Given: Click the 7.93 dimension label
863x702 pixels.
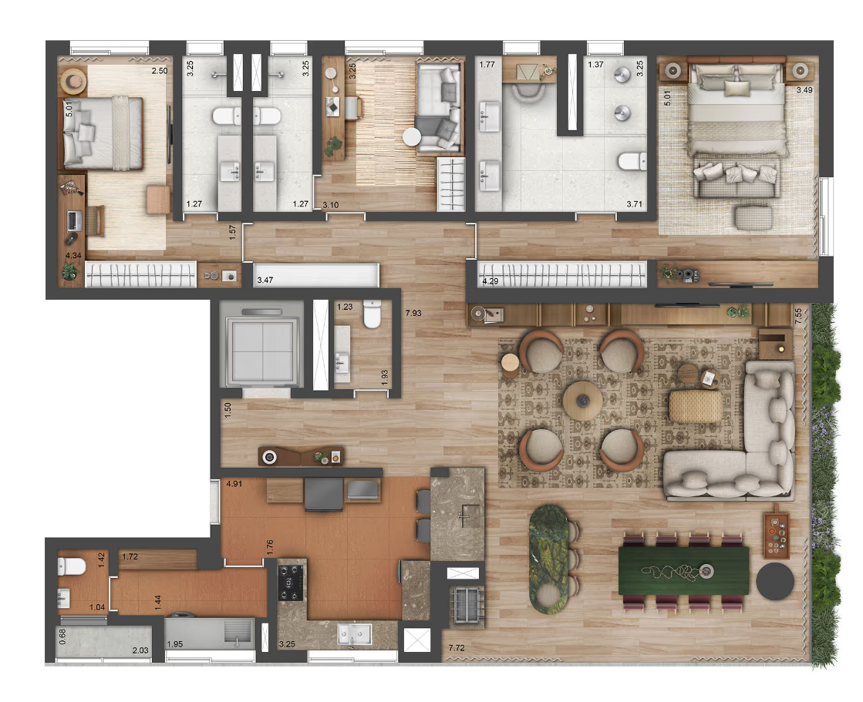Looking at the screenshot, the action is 413,314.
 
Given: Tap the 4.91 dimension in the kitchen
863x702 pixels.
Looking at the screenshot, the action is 234,484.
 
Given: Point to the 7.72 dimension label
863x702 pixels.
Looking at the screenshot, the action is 457,648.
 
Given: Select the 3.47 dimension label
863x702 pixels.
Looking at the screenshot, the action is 265,280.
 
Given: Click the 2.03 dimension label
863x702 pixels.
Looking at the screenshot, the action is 140,650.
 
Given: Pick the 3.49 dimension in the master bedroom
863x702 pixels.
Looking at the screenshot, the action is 804,90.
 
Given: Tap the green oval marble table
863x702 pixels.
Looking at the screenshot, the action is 549,558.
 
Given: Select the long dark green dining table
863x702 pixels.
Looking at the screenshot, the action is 683,570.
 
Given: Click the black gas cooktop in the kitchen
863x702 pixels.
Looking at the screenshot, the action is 291,583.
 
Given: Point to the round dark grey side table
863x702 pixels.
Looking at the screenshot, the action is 775,580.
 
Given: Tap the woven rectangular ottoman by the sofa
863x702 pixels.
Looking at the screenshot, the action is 695,405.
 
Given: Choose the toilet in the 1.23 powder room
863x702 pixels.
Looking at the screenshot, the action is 372,314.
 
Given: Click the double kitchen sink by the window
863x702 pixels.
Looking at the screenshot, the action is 354,634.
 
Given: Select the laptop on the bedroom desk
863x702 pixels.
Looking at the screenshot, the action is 74,221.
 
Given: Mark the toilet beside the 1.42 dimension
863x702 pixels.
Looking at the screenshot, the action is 72,566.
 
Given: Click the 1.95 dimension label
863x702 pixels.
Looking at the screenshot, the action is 174,644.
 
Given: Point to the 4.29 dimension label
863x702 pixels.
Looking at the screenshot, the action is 490,281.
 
